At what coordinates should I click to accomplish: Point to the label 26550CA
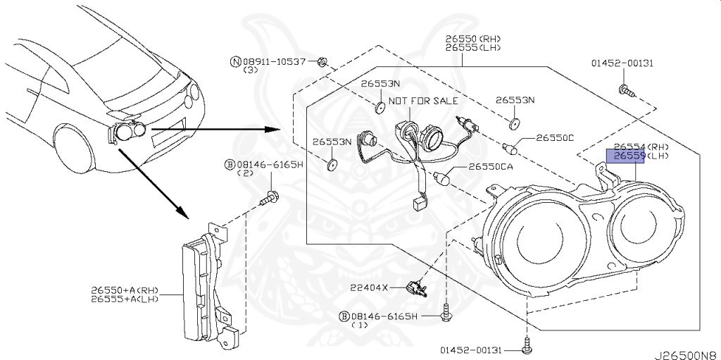click(x=485, y=167)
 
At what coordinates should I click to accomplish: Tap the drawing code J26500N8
click(x=688, y=354)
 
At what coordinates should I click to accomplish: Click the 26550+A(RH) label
click(x=125, y=290)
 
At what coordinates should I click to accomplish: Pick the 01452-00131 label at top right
click(x=622, y=63)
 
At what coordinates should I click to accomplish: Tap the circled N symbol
click(x=235, y=62)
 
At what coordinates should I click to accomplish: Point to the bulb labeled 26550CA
click(x=443, y=176)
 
